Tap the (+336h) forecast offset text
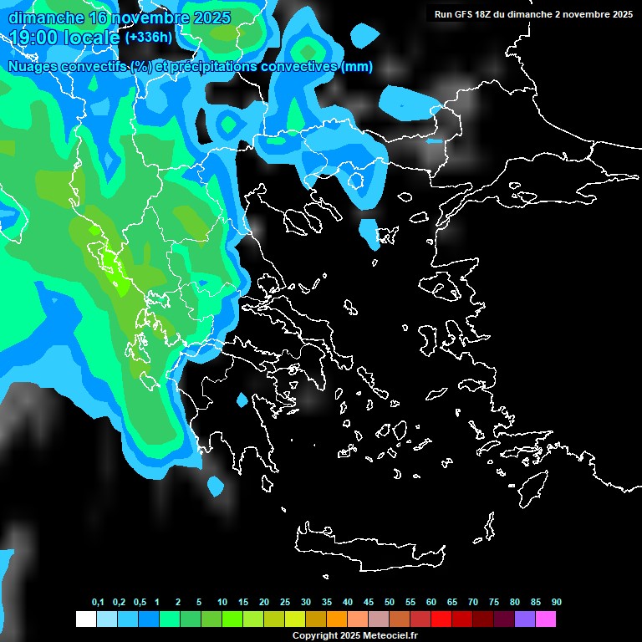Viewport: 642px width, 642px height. click(x=150, y=38)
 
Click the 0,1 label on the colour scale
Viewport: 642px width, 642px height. click(x=98, y=602)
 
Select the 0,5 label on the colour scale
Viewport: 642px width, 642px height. click(x=139, y=602)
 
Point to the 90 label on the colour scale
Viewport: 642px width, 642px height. click(x=556, y=602)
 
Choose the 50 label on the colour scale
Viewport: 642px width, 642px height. click(x=390, y=602)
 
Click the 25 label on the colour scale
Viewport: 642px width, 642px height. click(x=285, y=602)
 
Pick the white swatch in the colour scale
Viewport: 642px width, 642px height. click(x=85, y=619)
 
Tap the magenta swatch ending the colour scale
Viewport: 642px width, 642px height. click(x=545, y=619)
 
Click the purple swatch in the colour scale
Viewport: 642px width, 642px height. click(x=524, y=619)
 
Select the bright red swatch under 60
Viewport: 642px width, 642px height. click(x=441, y=619)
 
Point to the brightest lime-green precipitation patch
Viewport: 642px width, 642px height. click(x=121, y=284)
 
